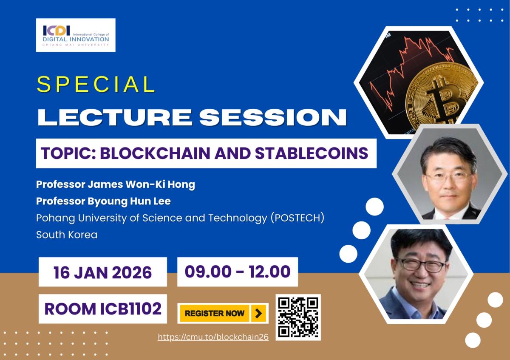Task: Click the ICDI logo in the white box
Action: [x=76, y=35]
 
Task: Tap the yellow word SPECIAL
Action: [x=96, y=84]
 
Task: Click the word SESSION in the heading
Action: [x=273, y=117]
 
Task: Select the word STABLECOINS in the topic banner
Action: [x=312, y=153]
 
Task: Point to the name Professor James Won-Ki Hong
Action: [x=116, y=184]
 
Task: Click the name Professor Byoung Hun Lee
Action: [x=103, y=201]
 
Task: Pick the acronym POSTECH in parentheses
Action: [x=297, y=218]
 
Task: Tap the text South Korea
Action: [x=67, y=235]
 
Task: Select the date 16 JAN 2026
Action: [x=103, y=272]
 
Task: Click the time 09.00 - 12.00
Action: [x=238, y=272]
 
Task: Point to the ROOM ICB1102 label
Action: [x=103, y=309]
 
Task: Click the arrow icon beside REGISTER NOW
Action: [x=258, y=314]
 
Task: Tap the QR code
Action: [x=298, y=317]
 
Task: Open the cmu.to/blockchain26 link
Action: [x=213, y=337]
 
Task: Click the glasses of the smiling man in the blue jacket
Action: [x=420, y=265]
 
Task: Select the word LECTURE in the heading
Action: [x=115, y=117]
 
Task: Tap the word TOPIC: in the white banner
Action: [x=68, y=153]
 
